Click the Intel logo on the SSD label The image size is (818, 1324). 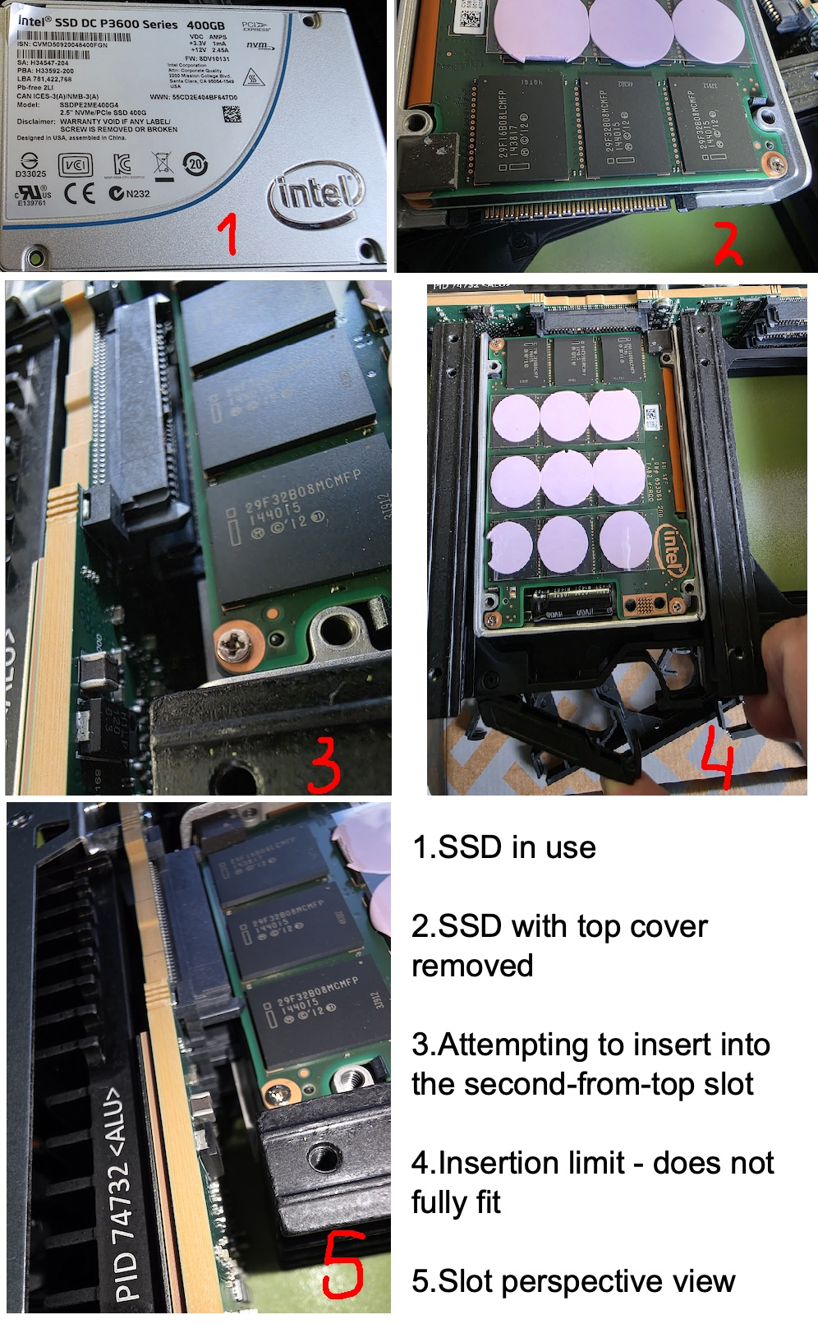point(315,195)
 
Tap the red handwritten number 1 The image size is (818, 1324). point(229,233)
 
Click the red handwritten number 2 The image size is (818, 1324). point(727,244)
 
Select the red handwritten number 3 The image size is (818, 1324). point(325,764)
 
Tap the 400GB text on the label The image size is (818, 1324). point(205,25)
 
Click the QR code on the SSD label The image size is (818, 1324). point(232,114)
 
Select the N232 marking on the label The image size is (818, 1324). point(131,194)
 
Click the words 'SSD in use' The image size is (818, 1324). point(517,847)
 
